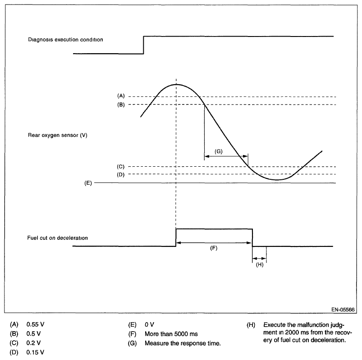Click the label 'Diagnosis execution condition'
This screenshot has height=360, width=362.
tap(66, 39)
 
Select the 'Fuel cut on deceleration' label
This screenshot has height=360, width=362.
tap(57, 237)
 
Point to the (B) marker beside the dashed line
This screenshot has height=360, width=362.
tap(120, 105)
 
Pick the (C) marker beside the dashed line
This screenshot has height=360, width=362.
tap(120, 166)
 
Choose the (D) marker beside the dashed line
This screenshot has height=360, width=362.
tap(120, 174)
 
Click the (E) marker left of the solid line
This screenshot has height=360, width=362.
tap(88, 183)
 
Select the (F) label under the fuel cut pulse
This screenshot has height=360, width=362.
tap(214, 248)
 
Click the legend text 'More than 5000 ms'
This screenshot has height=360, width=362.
tap(171, 334)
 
